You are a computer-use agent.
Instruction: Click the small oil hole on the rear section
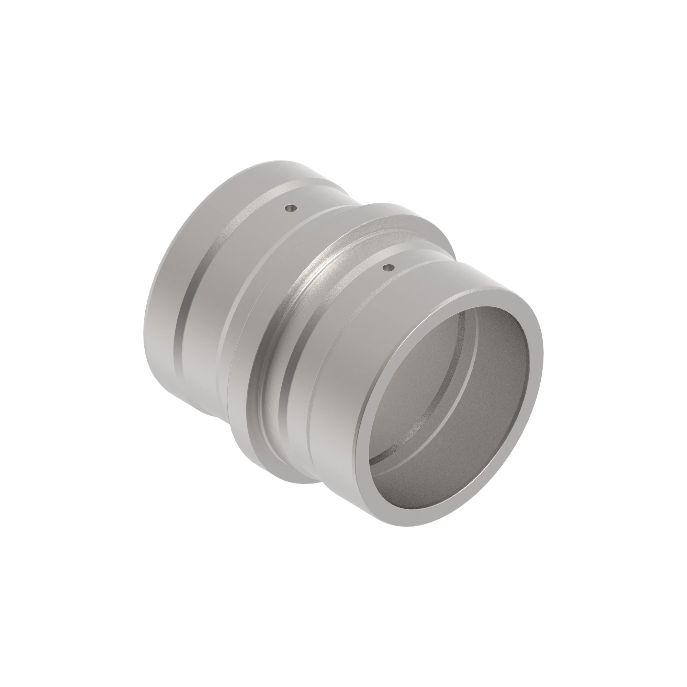tap(292, 208)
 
